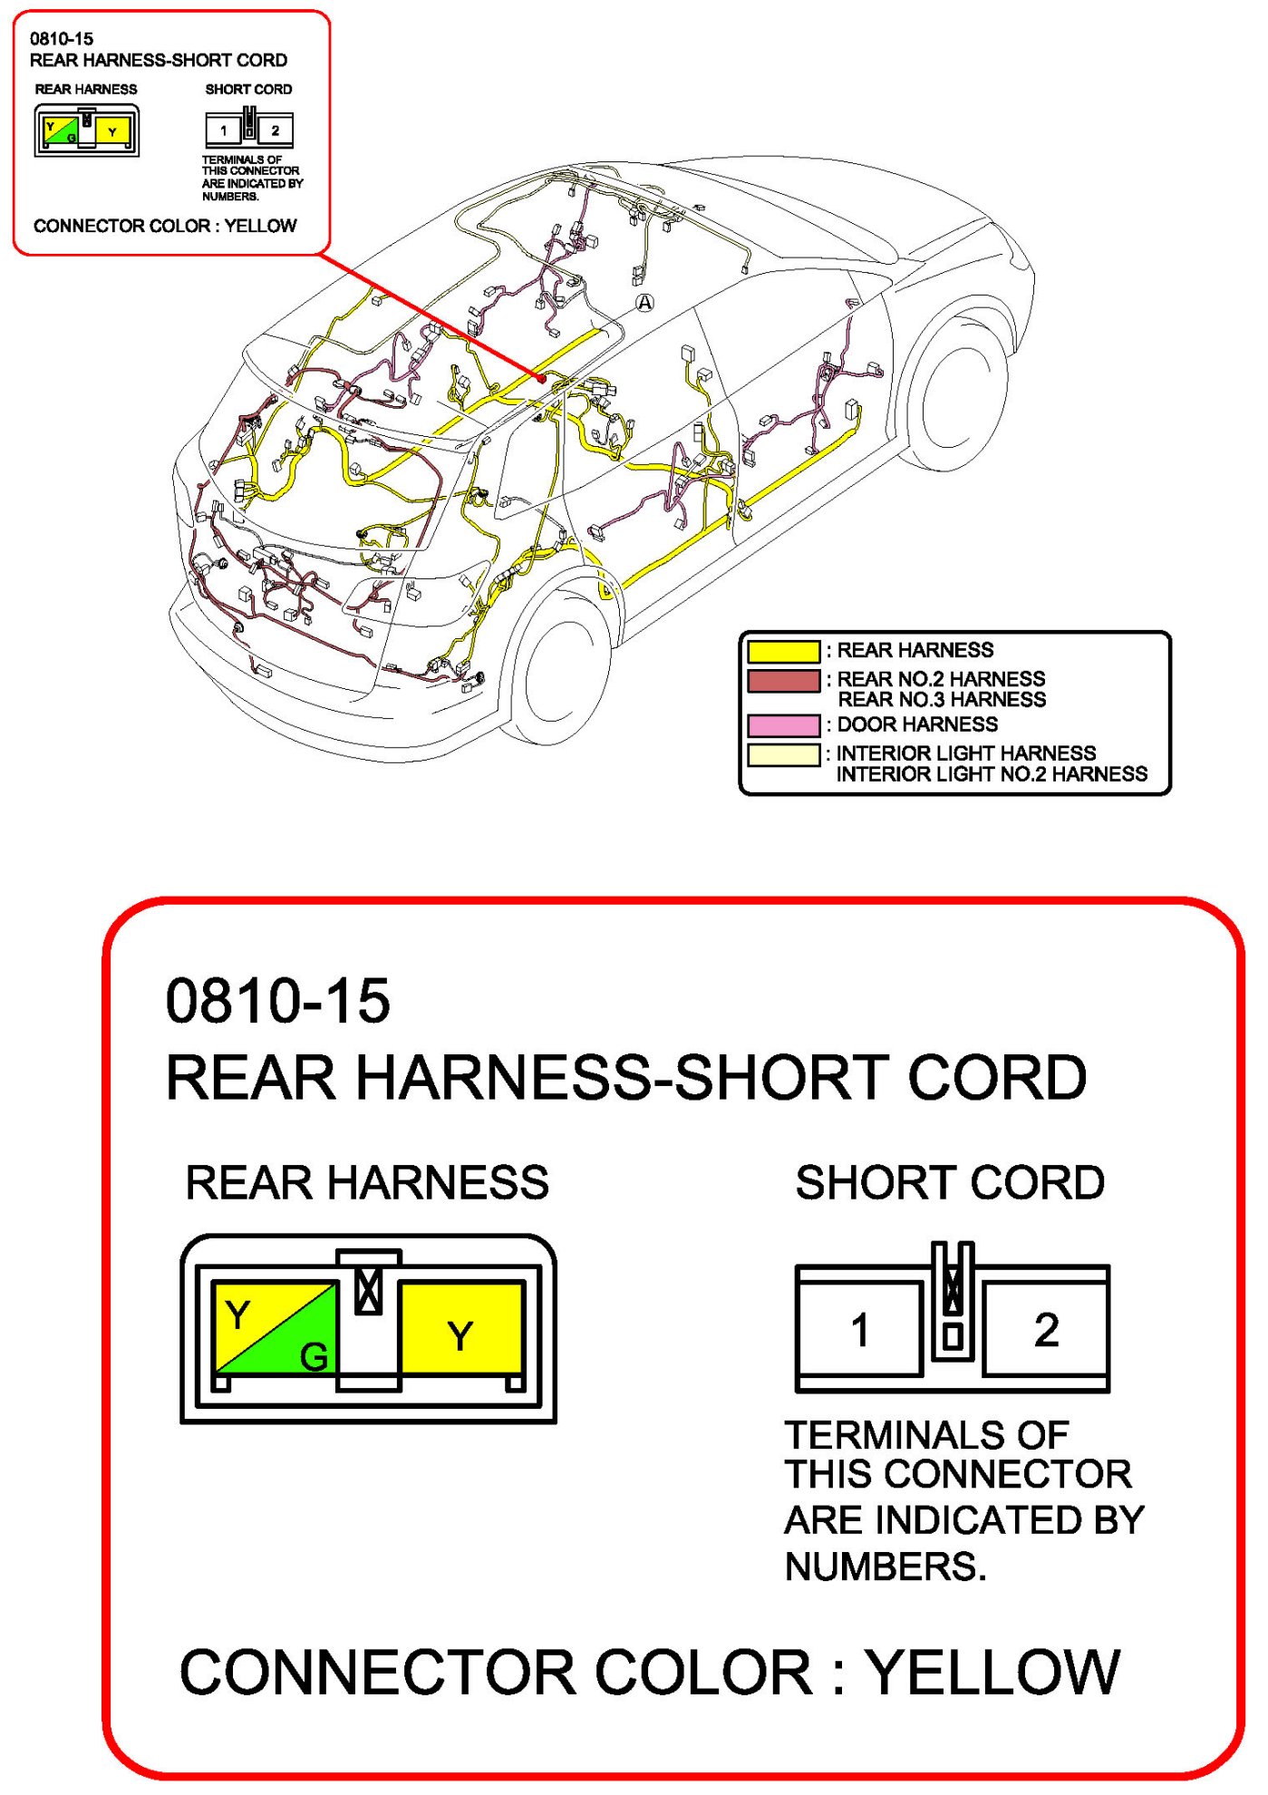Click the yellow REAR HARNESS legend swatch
tap(783, 651)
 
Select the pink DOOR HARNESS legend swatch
tap(783, 725)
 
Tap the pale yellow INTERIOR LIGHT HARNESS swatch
tap(783, 754)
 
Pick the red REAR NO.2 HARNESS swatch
tap(783, 680)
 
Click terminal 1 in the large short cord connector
tap(859, 1330)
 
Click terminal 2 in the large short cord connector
tap(1046, 1330)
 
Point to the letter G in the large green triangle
tap(314, 1356)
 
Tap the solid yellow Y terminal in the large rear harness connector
tap(460, 1334)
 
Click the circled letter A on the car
tap(644, 302)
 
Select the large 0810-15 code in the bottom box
tap(277, 1002)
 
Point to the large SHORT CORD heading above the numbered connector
tap(950, 1182)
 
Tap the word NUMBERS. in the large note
tap(886, 1567)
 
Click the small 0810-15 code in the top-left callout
tap(62, 38)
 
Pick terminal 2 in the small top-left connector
tap(276, 131)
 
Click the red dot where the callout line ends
tap(542, 378)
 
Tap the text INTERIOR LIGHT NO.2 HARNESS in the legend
tap(992, 774)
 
